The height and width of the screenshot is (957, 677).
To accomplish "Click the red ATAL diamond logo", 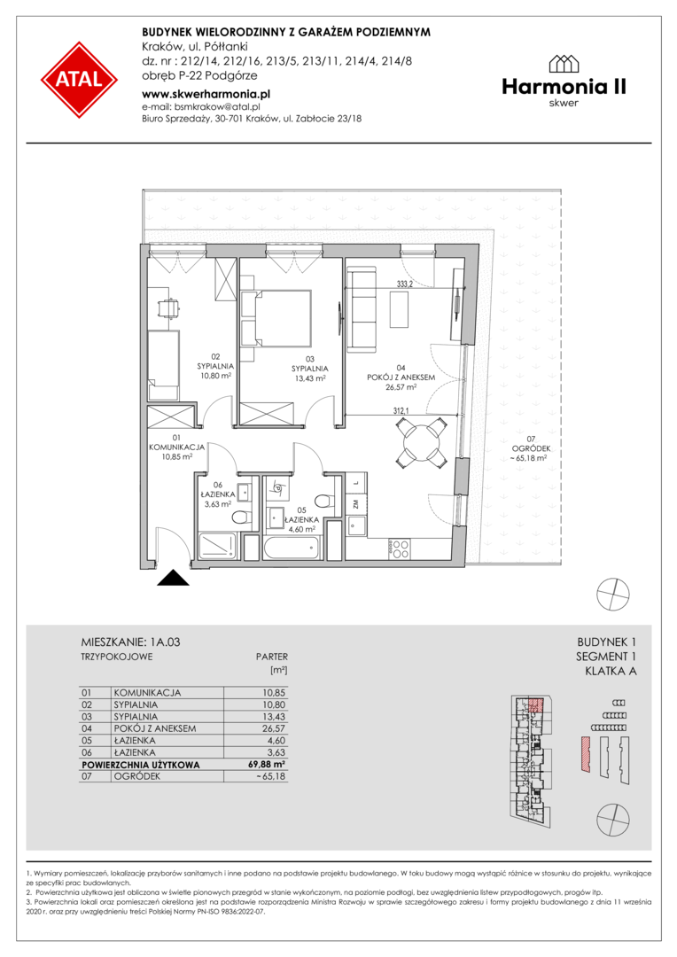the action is tap(80, 80).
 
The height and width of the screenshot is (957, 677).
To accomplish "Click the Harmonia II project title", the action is tap(564, 87).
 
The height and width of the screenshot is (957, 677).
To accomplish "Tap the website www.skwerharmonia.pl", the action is tap(206, 94).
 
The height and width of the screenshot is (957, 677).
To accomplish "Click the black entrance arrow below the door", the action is tap(173, 578).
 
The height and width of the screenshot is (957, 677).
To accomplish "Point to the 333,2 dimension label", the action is tap(405, 284).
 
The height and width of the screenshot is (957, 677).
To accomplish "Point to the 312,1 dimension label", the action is tap(401, 411).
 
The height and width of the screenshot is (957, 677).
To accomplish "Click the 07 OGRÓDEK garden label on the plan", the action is tap(529, 448).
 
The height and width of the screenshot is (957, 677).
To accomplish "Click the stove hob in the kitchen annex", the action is tap(400, 549).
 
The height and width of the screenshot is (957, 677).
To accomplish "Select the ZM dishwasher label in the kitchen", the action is tap(354, 504).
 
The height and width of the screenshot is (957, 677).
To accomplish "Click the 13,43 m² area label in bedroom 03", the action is tap(309, 377).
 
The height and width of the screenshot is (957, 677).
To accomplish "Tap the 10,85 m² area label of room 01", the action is tap(177, 456).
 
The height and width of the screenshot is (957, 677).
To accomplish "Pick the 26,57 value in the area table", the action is tap(274, 728).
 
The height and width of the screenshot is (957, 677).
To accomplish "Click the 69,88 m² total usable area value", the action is tap(270, 764).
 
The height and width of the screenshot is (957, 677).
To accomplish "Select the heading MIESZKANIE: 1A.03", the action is tap(130, 642).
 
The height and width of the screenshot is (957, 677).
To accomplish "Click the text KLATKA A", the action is tap(611, 672).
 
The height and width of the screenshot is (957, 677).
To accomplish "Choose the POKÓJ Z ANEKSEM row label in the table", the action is tap(155, 728).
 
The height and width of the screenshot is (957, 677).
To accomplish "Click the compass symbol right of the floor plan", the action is tap(613, 593).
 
